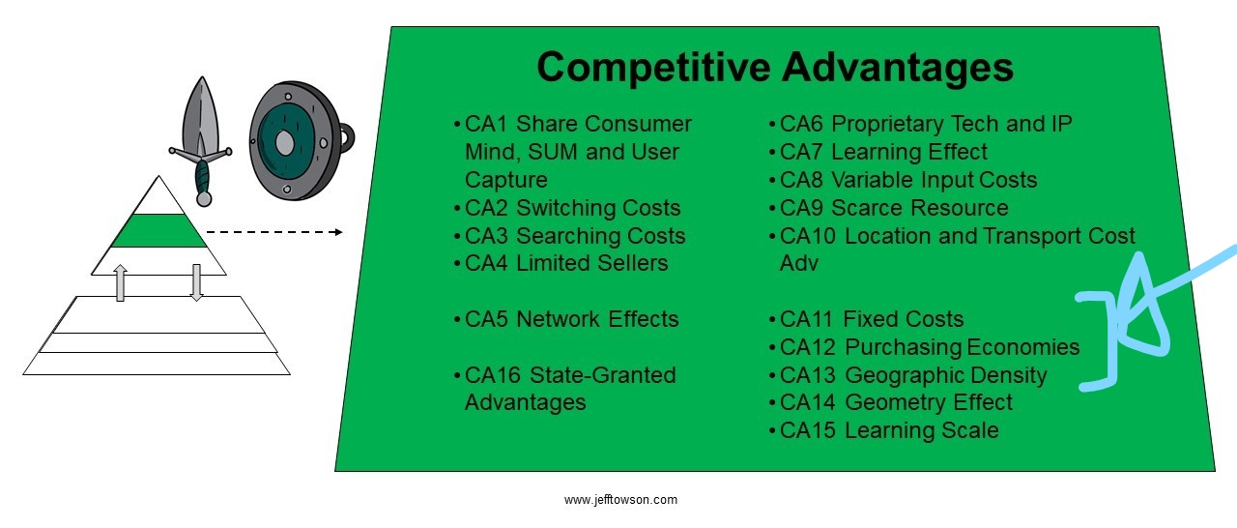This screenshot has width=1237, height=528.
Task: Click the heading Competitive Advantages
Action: pos(775,68)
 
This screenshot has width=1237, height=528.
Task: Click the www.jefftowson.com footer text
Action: pos(620,500)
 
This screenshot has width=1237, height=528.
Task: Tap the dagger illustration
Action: pos(201,141)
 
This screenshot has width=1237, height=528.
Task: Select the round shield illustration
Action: pos(300,141)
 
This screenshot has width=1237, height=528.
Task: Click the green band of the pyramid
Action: pos(158,230)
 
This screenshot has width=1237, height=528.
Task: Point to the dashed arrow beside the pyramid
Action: pos(274,232)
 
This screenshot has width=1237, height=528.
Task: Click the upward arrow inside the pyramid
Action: pos(121,282)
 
